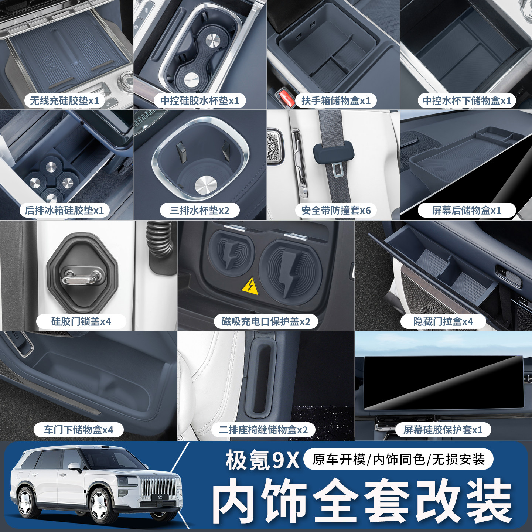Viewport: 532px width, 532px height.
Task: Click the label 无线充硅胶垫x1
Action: click(64, 100)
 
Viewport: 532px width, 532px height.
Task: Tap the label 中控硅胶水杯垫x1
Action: click(199, 100)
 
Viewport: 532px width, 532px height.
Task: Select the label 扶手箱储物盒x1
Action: click(336, 100)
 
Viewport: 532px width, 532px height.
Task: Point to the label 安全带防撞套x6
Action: click(336, 210)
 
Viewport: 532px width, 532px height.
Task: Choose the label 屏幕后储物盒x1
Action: click(467, 210)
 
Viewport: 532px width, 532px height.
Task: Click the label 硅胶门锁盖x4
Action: click(81, 321)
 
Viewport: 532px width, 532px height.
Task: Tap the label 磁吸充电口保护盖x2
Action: click(266, 321)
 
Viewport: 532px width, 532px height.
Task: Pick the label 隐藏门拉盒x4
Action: click(443, 321)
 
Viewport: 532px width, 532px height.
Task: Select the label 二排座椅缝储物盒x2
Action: click(263, 430)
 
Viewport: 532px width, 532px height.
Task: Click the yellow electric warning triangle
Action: click(250, 286)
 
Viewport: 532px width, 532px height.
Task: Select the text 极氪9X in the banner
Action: click(262, 460)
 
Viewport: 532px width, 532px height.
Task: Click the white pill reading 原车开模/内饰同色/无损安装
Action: click(398, 459)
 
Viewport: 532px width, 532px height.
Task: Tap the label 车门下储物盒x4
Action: click(78, 430)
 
